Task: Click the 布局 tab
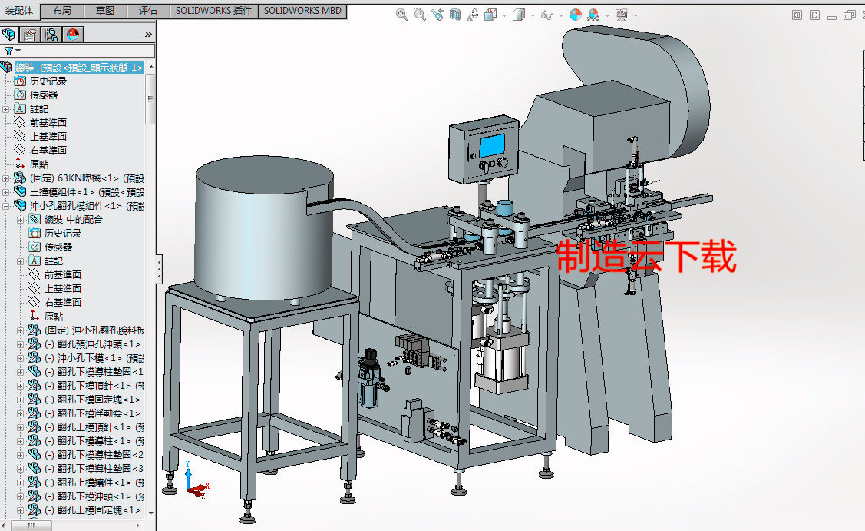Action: click(63, 11)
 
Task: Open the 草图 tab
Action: click(105, 11)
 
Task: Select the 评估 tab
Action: click(148, 11)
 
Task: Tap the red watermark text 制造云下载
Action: click(645, 257)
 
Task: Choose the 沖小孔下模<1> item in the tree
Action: click(88, 358)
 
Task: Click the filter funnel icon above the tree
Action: click(8, 51)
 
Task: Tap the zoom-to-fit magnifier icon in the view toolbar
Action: click(402, 15)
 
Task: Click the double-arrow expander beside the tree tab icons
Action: click(147, 34)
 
